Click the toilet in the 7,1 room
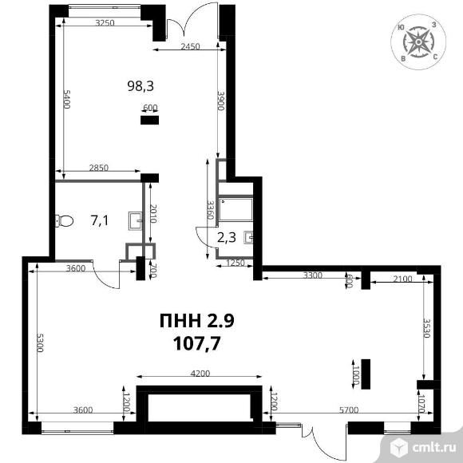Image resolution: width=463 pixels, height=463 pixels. tap(65, 221)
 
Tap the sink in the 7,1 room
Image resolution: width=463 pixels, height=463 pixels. tap(135, 221)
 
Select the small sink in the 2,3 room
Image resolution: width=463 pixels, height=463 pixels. tap(248, 237)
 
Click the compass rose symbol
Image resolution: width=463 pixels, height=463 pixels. tap(418, 42)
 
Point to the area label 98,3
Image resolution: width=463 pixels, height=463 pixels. tap(140, 86)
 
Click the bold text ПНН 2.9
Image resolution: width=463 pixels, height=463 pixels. tap(197, 321)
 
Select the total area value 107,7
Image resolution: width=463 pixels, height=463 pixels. tap(197, 343)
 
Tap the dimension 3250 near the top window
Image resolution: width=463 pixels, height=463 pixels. tap(105, 22)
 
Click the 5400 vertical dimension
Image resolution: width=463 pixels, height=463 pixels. tap(67, 99)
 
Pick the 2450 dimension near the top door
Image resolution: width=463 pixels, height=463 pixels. tap(190, 46)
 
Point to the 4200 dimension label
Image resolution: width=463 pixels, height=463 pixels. tap(200, 374)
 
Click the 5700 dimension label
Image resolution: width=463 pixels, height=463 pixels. tap(349, 410)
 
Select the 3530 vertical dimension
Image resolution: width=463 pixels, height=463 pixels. tap(427, 328)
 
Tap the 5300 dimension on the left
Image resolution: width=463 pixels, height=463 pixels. tap(40, 342)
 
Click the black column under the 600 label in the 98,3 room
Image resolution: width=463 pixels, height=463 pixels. tap(149, 120)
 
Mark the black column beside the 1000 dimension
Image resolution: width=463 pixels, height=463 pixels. tap(366, 374)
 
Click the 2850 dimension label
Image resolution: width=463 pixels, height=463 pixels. tap(99, 168)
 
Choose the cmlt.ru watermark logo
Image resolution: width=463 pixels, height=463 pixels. tap(422, 447)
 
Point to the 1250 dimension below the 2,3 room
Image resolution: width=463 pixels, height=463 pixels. tap(235, 263)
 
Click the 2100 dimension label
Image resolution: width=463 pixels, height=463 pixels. tap(403, 279)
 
